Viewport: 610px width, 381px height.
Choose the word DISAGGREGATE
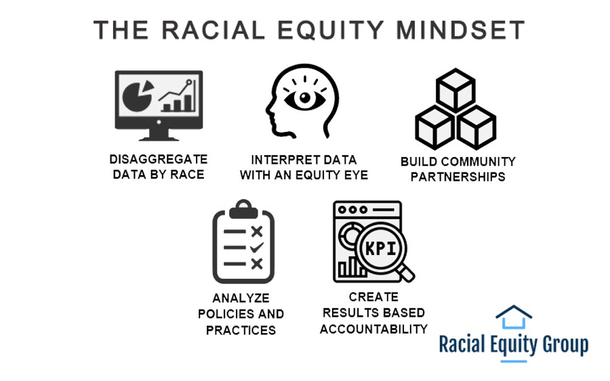tap(158, 159)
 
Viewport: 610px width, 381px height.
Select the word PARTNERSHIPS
tap(457, 177)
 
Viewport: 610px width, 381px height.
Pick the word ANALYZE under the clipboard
tap(241, 298)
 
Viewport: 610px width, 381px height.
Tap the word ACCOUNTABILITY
tap(373, 329)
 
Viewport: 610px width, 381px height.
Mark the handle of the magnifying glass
tap(406, 272)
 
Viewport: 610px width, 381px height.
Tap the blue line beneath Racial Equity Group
tap(513, 361)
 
